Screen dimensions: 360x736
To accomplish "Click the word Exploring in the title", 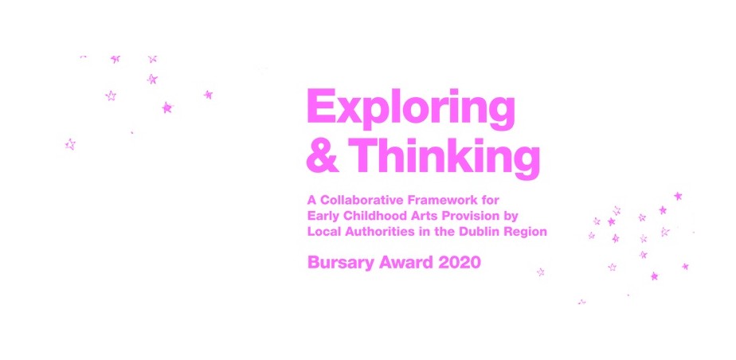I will (410, 108).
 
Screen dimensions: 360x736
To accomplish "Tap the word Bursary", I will (338, 263).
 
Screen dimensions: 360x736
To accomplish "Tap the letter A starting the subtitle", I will (311, 198).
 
